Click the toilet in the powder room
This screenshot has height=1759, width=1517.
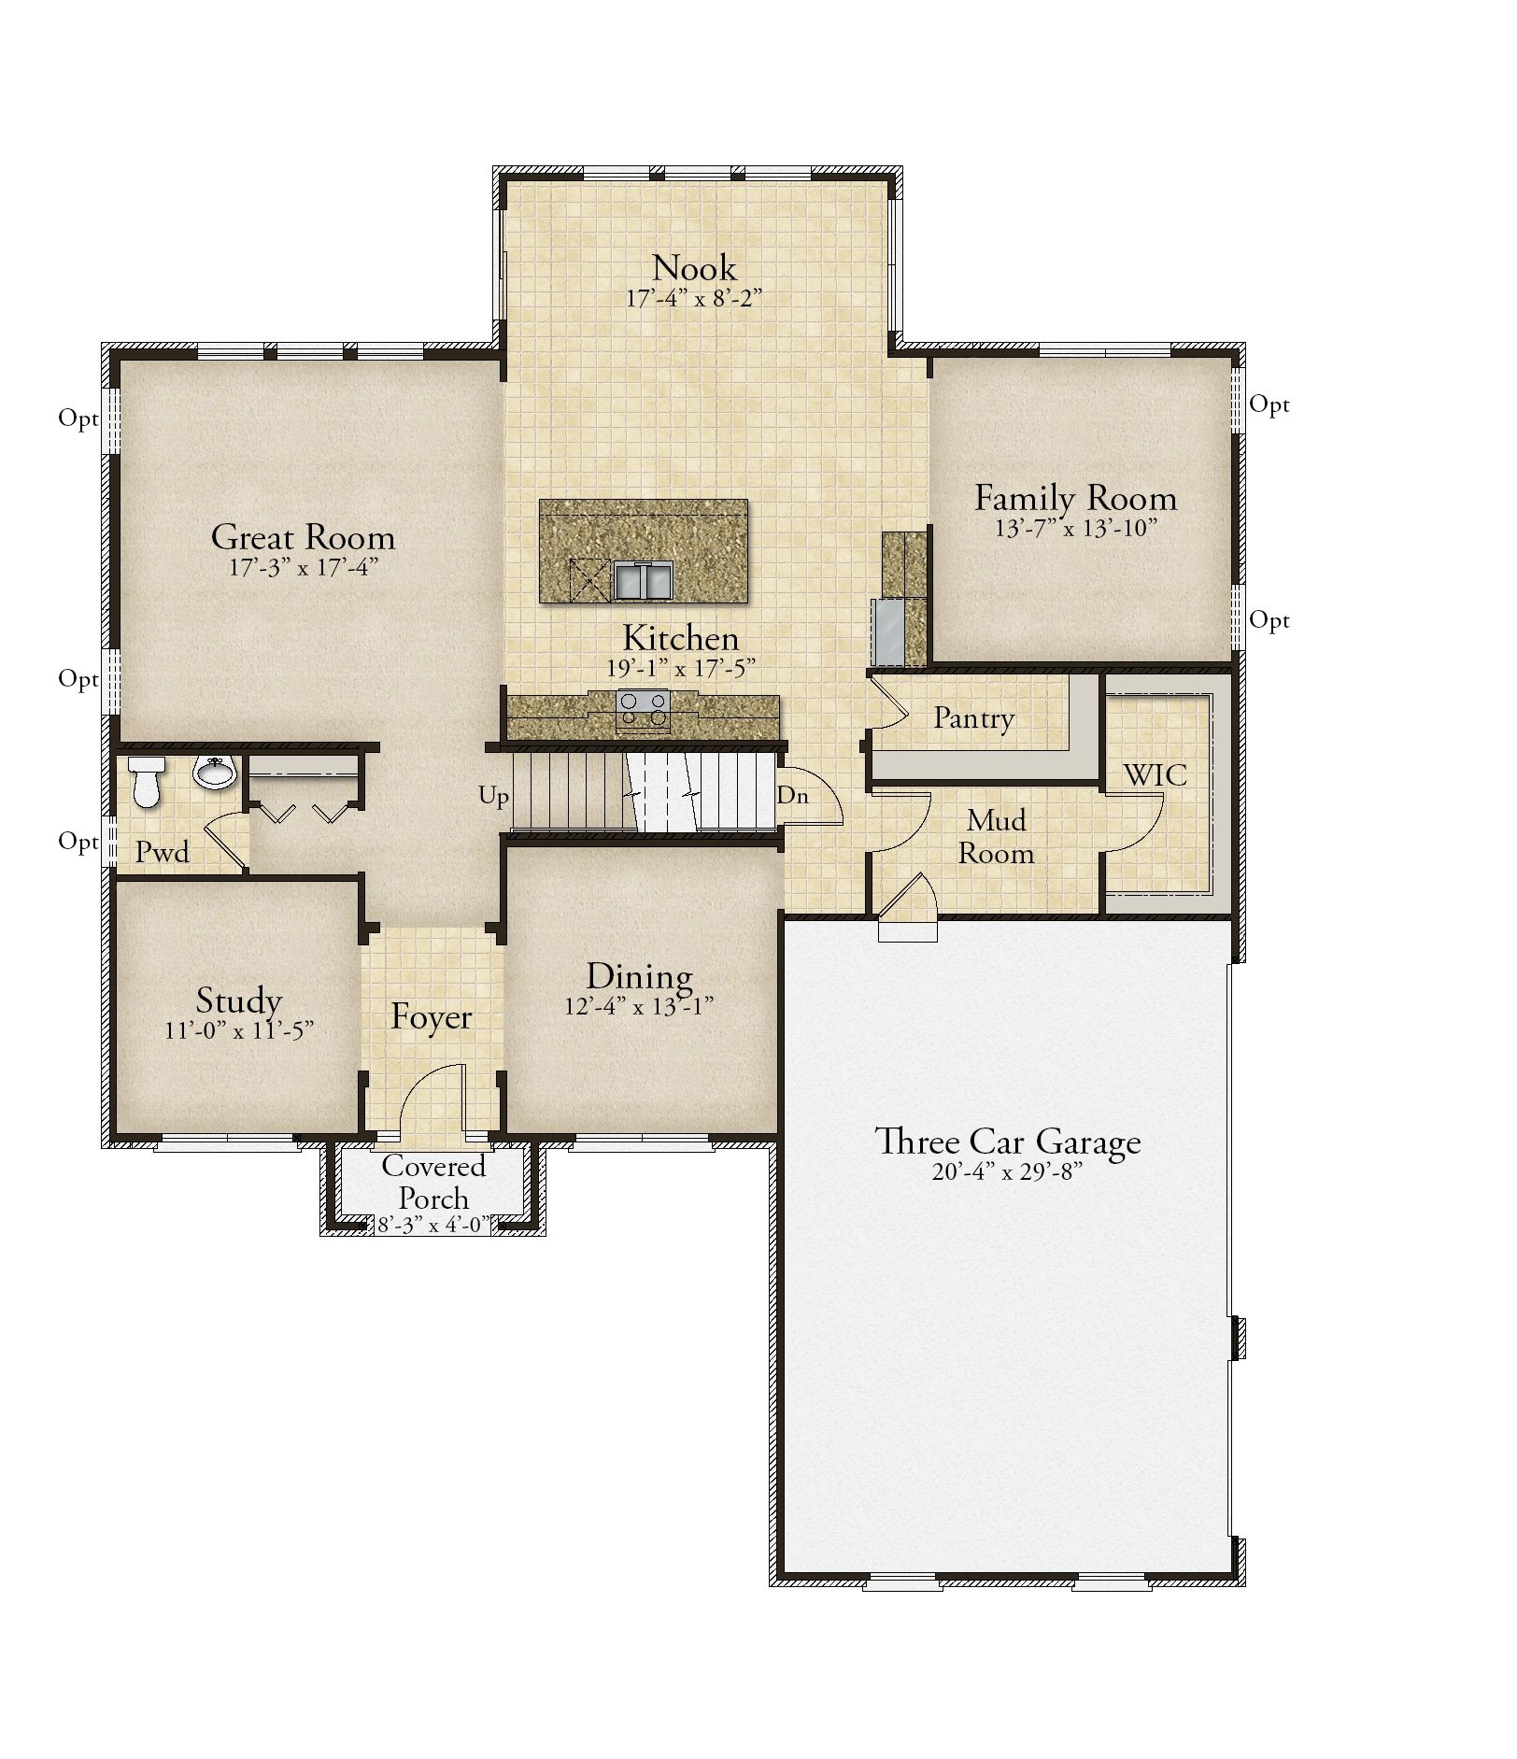pyautogui.click(x=146, y=781)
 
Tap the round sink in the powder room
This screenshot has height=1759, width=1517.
pyautogui.click(x=214, y=772)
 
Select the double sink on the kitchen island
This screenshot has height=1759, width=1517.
pyautogui.click(x=644, y=580)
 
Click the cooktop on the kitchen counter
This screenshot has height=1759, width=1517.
pyautogui.click(x=643, y=707)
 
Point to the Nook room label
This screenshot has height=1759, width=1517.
pyautogui.click(x=694, y=268)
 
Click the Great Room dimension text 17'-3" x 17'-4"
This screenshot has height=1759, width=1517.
pyautogui.click(x=304, y=568)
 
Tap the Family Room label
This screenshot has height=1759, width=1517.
pyautogui.click(x=1076, y=498)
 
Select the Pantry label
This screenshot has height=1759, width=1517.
pyautogui.click(x=974, y=718)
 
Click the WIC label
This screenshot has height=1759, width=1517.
pyautogui.click(x=1155, y=774)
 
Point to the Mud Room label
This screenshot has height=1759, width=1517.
pyautogui.click(x=997, y=837)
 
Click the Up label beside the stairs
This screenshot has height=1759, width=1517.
pyautogui.click(x=494, y=797)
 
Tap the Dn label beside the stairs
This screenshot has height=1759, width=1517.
pyautogui.click(x=792, y=796)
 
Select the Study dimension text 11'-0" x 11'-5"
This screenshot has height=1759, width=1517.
pyautogui.click(x=240, y=1030)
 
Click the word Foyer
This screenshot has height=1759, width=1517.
pyautogui.click(x=432, y=1016)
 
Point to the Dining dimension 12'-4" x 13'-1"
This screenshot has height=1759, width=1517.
pyautogui.click(x=639, y=1006)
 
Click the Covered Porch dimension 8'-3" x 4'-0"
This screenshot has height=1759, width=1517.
pyautogui.click(x=433, y=1225)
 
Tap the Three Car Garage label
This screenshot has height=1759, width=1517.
pyautogui.click(x=1008, y=1142)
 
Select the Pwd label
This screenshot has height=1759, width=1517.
pyautogui.click(x=163, y=852)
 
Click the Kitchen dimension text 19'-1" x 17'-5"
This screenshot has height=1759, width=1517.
pyautogui.click(x=681, y=668)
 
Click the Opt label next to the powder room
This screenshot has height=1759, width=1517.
pyautogui.click(x=78, y=843)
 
